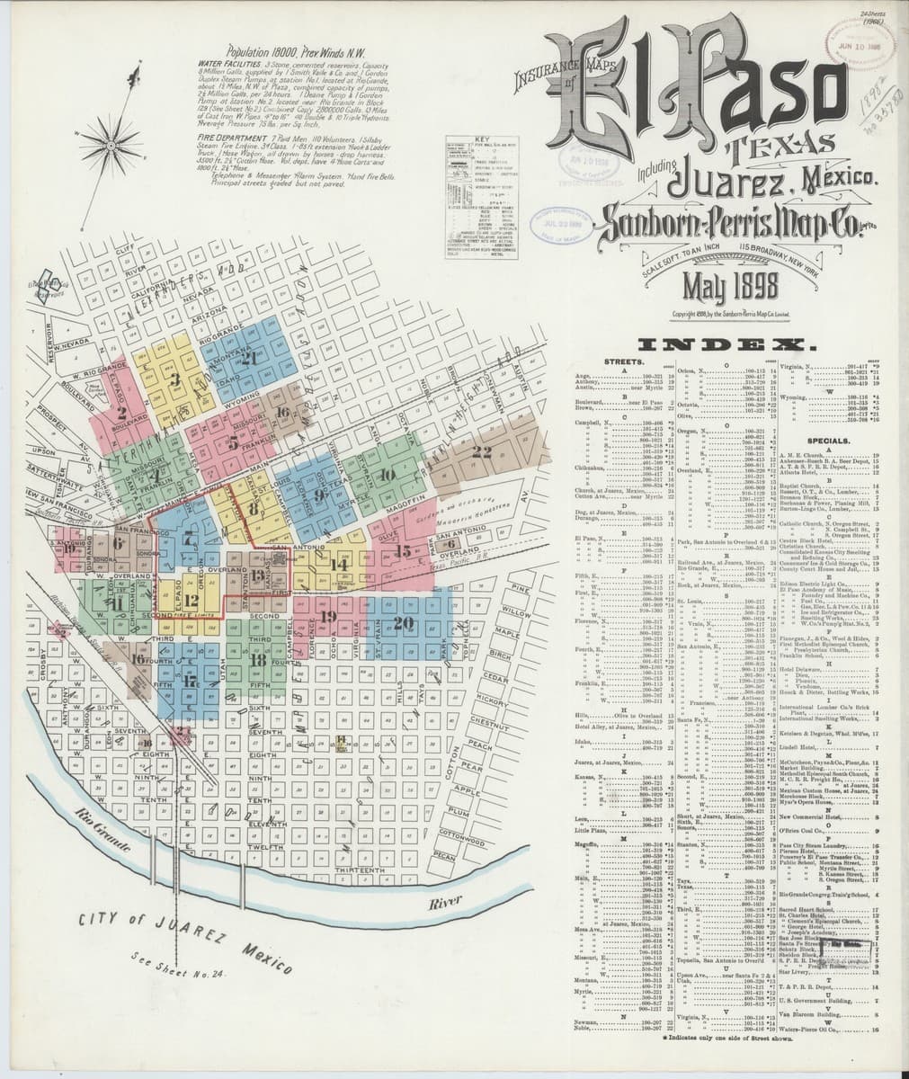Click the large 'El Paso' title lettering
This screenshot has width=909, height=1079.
[710, 90]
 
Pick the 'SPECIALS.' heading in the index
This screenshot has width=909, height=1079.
[830, 441]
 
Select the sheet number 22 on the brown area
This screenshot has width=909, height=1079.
[483, 452]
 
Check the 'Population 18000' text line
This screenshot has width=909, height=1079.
[281, 53]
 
